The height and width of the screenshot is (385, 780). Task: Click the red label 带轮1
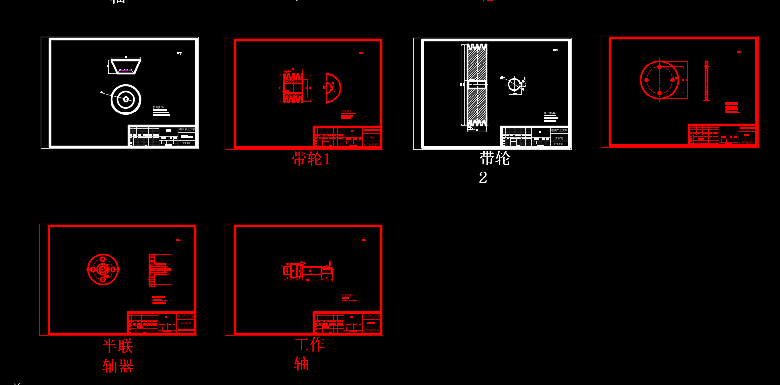click(311, 159)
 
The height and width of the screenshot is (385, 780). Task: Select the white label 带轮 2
click(494, 166)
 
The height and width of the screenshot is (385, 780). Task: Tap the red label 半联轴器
click(118, 355)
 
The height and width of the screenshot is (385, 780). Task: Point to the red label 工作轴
click(308, 353)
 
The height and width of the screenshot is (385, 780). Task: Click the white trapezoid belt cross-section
click(125, 65)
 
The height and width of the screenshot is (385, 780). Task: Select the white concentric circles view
click(126, 99)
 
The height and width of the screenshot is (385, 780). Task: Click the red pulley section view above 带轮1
click(293, 87)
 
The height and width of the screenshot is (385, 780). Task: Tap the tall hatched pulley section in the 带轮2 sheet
click(477, 85)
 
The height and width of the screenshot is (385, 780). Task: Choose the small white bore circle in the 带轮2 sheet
click(514, 84)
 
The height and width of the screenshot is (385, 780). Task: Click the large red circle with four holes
click(659, 80)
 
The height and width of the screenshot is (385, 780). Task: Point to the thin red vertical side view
click(706, 80)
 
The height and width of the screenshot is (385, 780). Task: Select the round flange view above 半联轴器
click(103, 269)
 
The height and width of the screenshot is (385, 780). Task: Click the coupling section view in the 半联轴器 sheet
click(159, 269)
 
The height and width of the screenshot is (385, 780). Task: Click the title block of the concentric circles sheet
click(162, 136)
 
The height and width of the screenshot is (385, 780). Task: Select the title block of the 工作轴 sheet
click(347, 322)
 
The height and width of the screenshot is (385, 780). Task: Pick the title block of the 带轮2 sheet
click(534, 136)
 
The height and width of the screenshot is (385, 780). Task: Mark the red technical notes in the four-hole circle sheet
click(732, 108)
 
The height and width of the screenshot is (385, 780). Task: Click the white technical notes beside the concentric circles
click(161, 111)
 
